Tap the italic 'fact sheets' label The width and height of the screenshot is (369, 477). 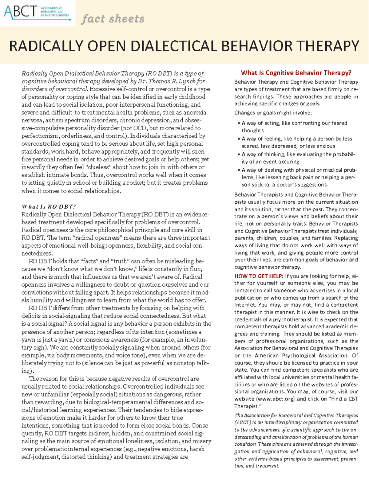[x=113, y=19]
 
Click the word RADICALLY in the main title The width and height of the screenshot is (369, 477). [x=46, y=46]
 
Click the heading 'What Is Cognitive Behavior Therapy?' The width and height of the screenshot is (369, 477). [x=296, y=73]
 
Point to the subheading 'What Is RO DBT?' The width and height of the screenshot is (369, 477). [x=49, y=206]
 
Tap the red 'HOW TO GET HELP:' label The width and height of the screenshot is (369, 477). [x=259, y=276]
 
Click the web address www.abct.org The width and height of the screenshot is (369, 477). [x=276, y=399]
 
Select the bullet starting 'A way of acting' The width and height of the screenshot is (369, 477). [x=294, y=123]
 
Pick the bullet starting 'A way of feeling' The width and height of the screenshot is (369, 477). [x=297, y=139]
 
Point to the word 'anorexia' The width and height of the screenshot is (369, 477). [x=195, y=113]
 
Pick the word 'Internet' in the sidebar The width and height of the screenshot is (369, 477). [x=245, y=305]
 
